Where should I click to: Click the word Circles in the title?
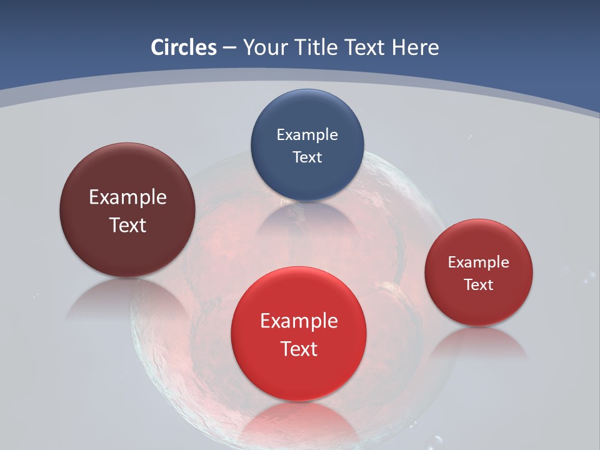click(x=184, y=47)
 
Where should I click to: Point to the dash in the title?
click(x=229, y=48)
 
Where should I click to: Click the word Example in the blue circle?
click(x=307, y=135)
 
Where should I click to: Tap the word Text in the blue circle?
click(x=307, y=157)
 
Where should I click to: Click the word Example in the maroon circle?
click(x=127, y=197)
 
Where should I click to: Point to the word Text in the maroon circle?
click(x=127, y=225)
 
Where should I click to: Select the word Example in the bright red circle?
click(x=299, y=321)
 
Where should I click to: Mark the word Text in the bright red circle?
click(x=299, y=349)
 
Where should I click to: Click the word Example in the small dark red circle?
click(x=479, y=262)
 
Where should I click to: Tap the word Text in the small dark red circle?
click(x=479, y=285)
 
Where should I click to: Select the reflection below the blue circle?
click(x=307, y=219)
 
